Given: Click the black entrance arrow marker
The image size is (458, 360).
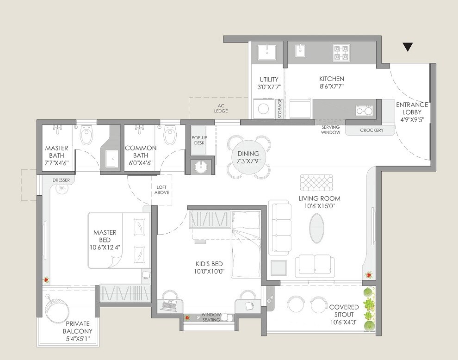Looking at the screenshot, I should (x=407, y=47).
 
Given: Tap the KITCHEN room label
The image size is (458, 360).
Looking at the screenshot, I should (x=332, y=79).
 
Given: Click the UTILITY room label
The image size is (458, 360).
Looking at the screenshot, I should (x=269, y=80).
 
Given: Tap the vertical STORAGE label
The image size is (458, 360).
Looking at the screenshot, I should (x=280, y=109).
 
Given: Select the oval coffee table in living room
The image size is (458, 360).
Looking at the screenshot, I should (x=317, y=228).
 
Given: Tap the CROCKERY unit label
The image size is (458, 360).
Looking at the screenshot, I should (x=371, y=130).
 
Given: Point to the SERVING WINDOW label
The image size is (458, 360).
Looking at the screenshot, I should (x=331, y=130).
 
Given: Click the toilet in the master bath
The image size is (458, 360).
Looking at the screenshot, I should (x=86, y=136).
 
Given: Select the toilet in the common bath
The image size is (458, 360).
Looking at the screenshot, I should (x=169, y=136).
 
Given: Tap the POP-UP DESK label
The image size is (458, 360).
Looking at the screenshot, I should (x=199, y=140).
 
